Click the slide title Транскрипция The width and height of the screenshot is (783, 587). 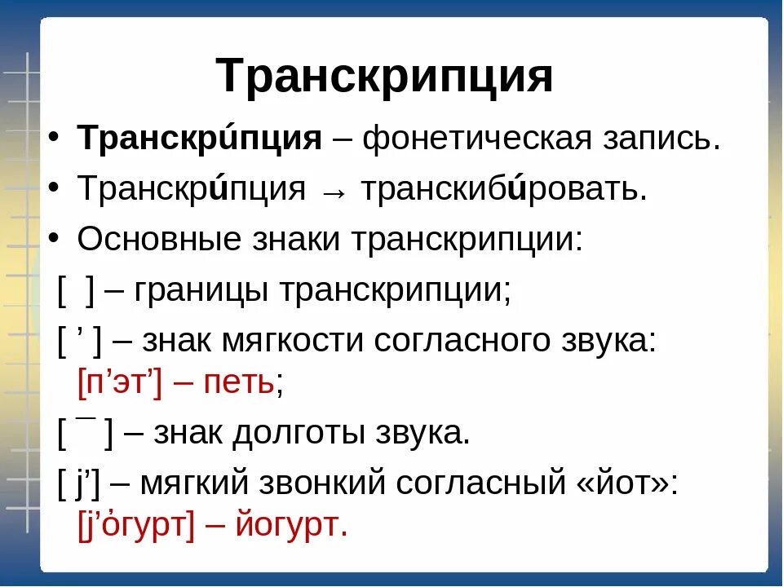[385, 77]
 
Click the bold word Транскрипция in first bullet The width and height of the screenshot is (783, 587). [200, 139]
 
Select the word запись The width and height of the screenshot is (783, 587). [674, 139]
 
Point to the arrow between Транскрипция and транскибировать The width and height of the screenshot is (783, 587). [335, 191]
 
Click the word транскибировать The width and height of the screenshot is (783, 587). [504, 190]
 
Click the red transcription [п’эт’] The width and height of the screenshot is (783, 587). [120, 382]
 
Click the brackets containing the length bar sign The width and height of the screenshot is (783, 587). [85, 433]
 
